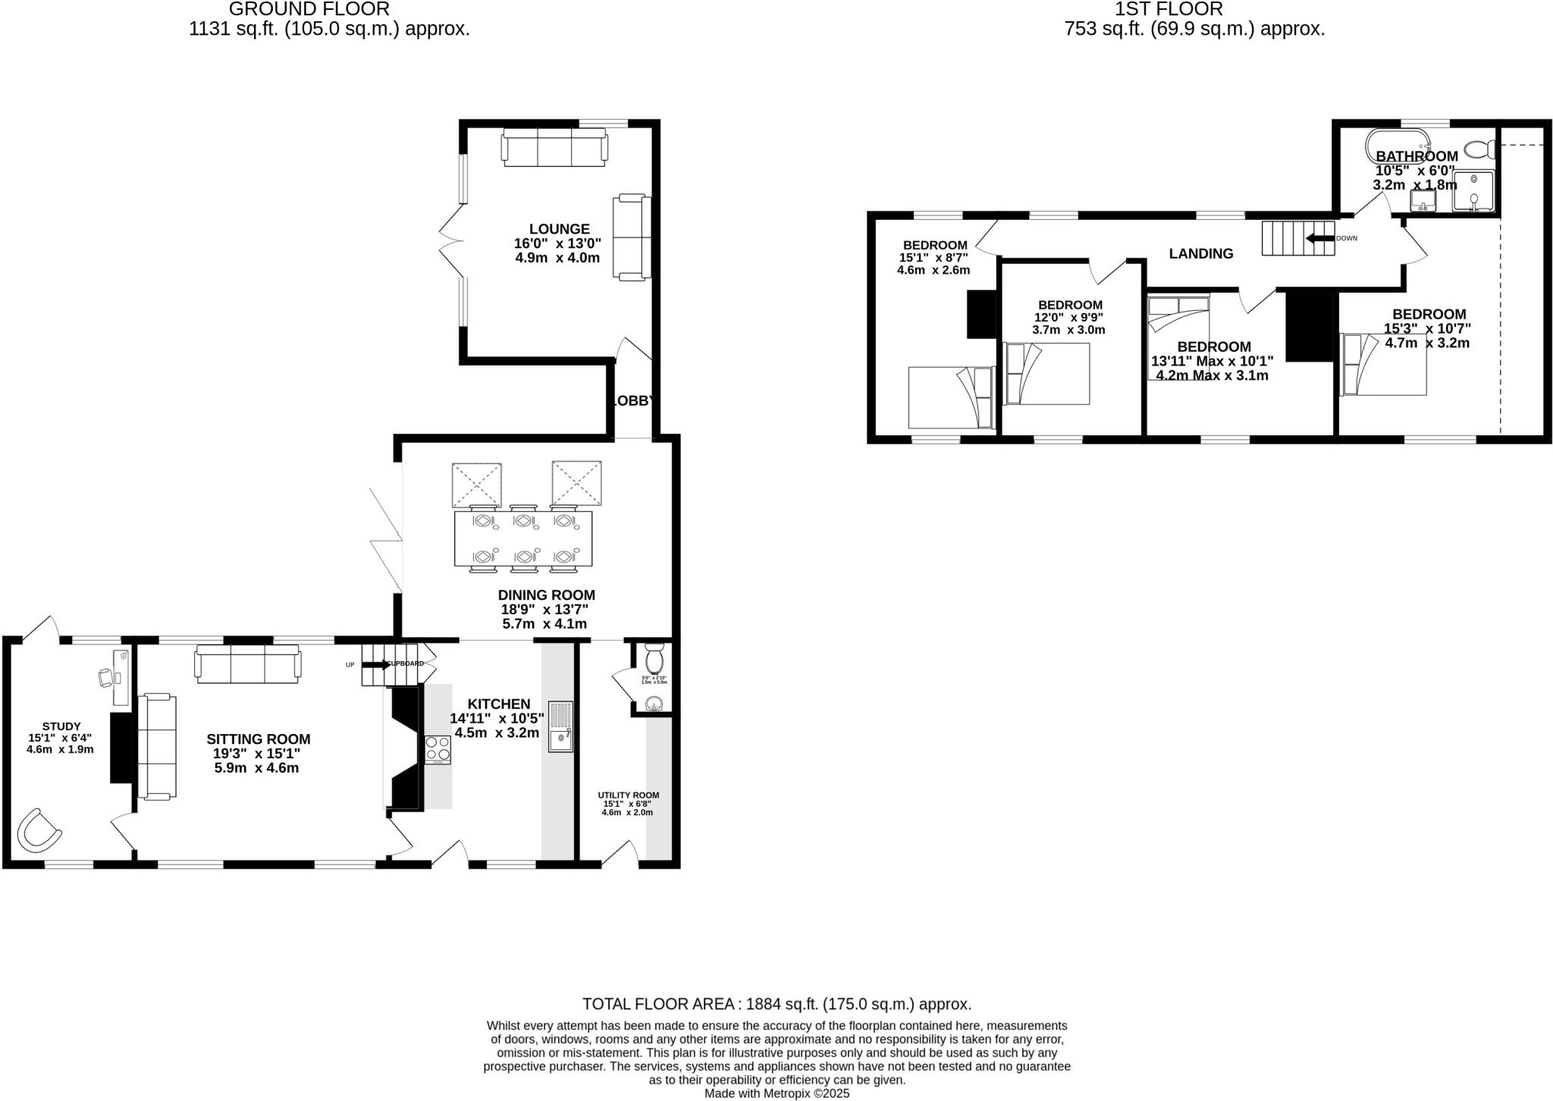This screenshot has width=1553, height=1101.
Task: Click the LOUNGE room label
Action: click(x=559, y=229)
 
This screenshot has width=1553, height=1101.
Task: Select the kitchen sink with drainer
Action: click(x=561, y=726)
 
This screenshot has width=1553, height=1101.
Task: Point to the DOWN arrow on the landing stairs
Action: click(x=1319, y=238)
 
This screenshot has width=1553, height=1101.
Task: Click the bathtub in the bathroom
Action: click(x=1398, y=141)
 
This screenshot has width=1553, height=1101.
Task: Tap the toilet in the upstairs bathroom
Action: click(x=1478, y=149)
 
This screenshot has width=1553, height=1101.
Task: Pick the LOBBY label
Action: click(x=632, y=401)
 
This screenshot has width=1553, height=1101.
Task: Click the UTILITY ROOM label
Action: click(x=628, y=795)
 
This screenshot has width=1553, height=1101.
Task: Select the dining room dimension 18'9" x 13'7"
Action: click(x=544, y=610)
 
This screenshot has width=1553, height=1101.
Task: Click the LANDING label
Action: click(x=1200, y=254)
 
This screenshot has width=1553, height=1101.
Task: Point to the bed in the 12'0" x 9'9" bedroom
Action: click(x=1046, y=374)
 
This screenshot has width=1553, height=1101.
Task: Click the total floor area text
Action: click(x=776, y=1004)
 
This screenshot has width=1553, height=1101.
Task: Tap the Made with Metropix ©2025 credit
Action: click(x=776, y=1093)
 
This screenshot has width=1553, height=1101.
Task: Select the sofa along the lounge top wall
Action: click(x=554, y=147)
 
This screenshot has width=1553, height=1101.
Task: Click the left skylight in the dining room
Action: click(x=476, y=485)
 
